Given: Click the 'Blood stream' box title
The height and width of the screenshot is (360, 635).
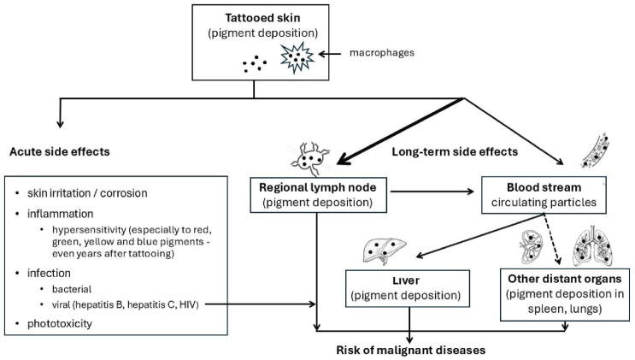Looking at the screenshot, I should [x=543, y=186].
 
